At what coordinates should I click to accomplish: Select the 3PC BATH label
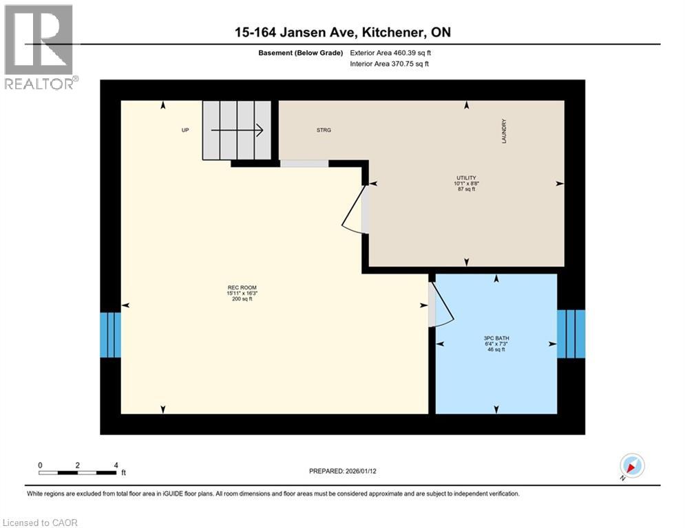pyautogui.click(x=496, y=338)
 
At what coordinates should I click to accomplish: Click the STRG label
pyautogui.click(x=324, y=130)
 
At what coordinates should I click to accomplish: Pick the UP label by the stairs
pyautogui.click(x=185, y=130)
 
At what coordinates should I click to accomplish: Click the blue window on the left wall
pyautogui.click(x=110, y=335)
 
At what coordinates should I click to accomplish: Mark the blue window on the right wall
pyautogui.click(x=571, y=333)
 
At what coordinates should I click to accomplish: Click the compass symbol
pyautogui.click(x=631, y=465)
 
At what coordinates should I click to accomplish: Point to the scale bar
pyautogui.click(x=77, y=472)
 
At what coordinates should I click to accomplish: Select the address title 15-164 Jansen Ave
pyautogui.click(x=342, y=32)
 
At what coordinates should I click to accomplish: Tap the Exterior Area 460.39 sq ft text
pyautogui.click(x=390, y=52)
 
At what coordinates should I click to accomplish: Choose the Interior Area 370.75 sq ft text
pyautogui.click(x=389, y=64)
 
